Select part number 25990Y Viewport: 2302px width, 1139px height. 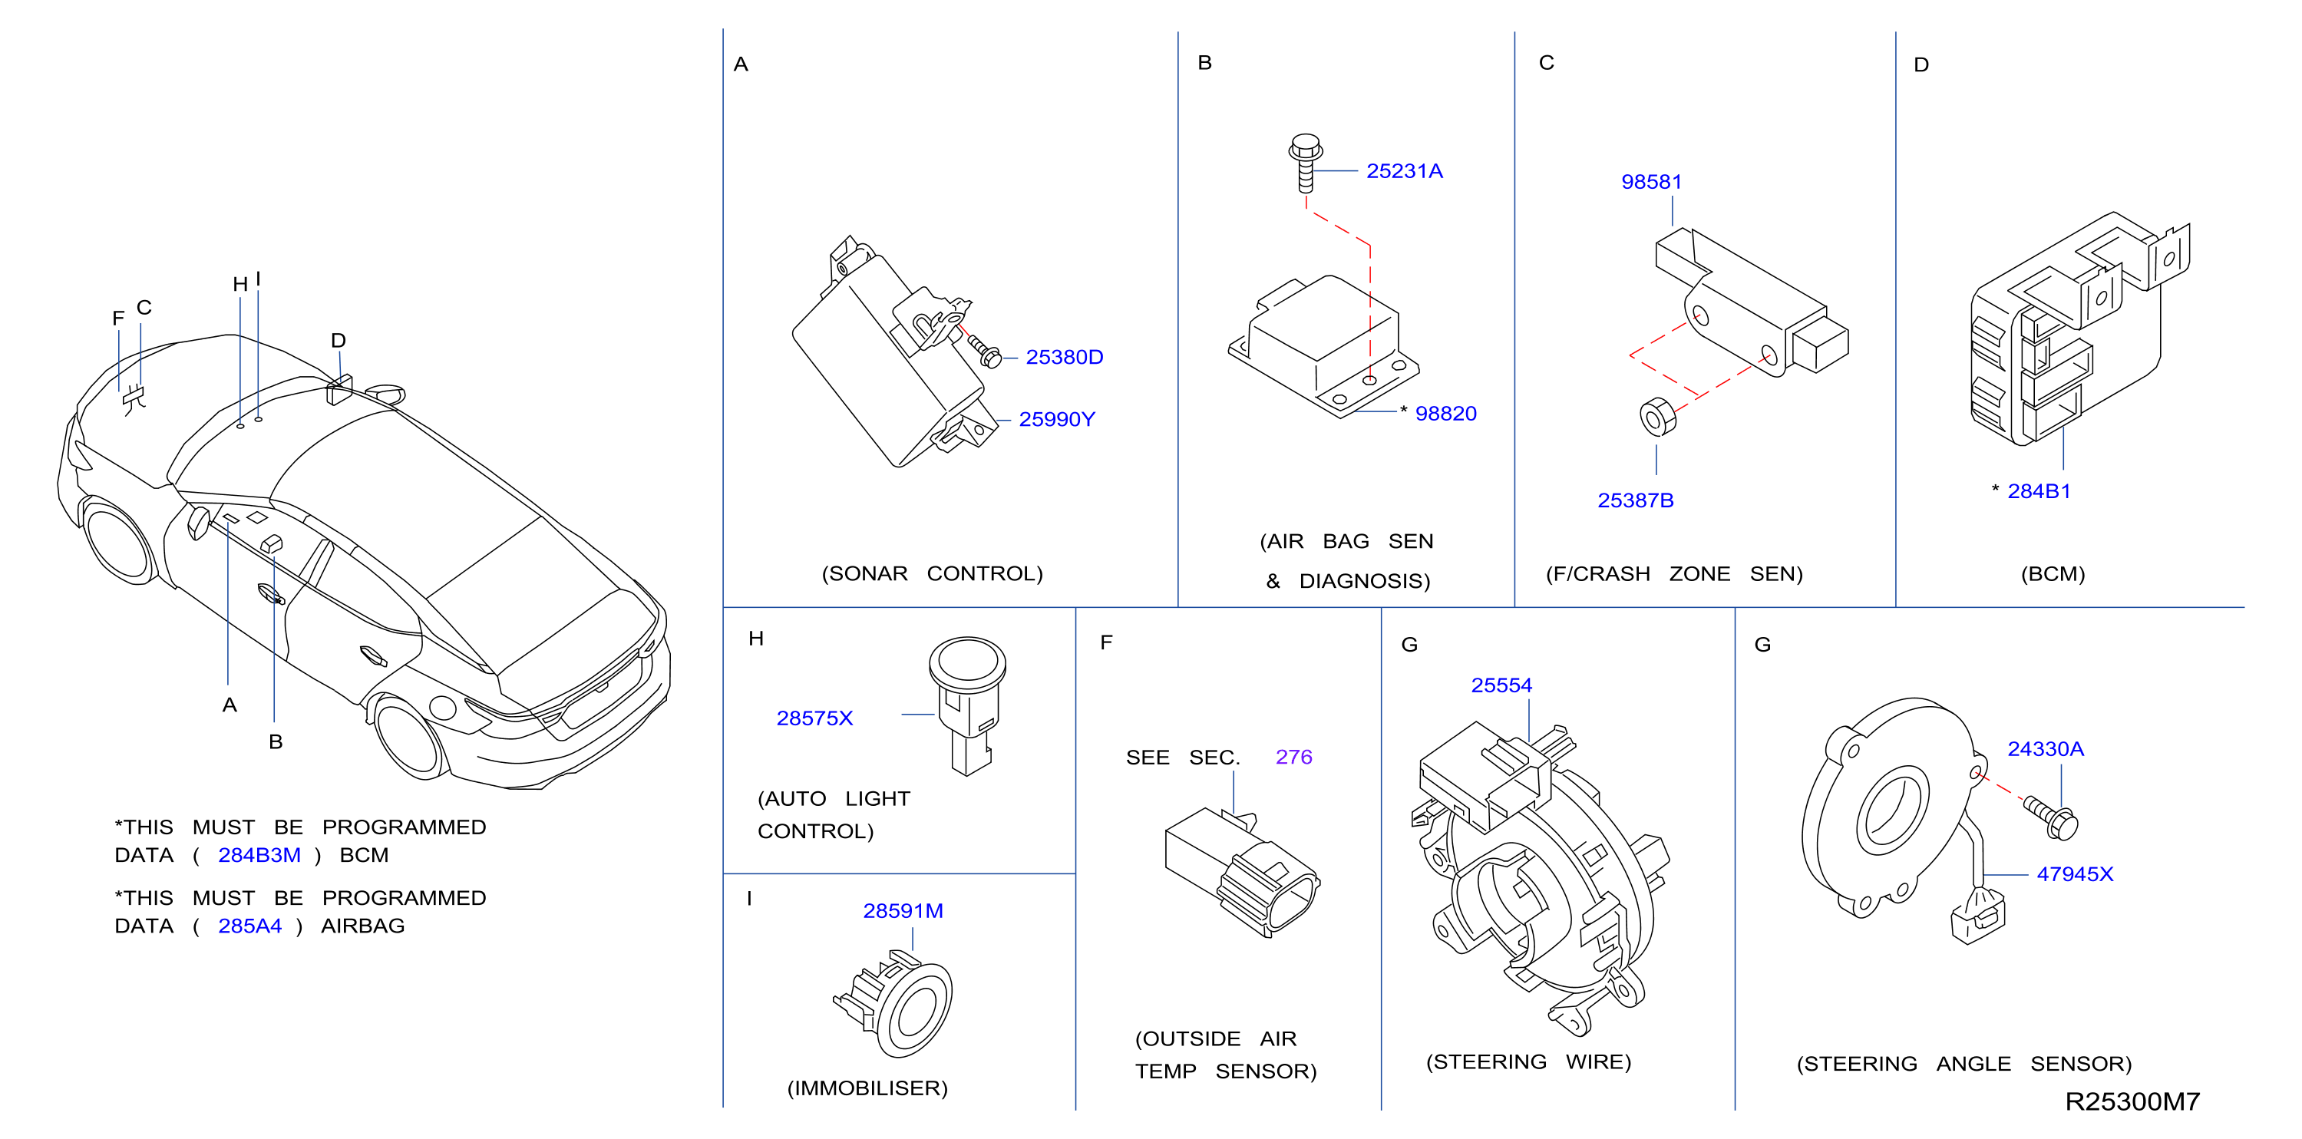tap(1056, 419)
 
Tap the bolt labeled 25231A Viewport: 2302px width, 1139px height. tap(1306, 163)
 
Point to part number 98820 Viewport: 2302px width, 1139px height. tap(1445, 414)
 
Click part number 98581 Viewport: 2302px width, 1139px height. tap(1651, 182)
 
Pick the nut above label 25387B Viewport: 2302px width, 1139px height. tap(1658, 416)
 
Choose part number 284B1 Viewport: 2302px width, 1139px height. tap(2039, 491)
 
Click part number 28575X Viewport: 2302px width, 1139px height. tap(814, 718)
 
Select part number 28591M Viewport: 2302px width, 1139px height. tap(903, 911)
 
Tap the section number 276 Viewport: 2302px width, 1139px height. tap(1293, 758)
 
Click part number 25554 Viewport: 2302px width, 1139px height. tap(1501, 685)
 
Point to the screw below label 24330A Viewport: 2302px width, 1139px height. tap(2051, 818)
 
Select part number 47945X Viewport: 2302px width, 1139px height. tap(2074, 874)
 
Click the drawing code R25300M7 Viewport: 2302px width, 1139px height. tap(2132, 1101)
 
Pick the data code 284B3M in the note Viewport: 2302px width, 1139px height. tap(259, 855)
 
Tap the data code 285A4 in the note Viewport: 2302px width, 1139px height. tap(249, 926)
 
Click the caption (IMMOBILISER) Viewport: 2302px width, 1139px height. tap(867, 1088)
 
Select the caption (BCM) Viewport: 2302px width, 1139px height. tap(2053, 573)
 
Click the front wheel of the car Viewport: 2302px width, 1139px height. tap(118, 543)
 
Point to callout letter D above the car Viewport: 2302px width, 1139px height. tap(338, 340)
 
